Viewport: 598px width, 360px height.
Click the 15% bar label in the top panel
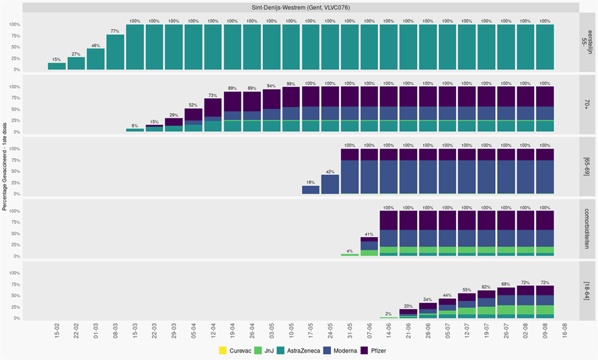[x=57, y=60]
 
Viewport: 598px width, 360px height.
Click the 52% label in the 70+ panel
[x=193, y=105]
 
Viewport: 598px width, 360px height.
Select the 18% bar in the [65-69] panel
[x=310, y=190]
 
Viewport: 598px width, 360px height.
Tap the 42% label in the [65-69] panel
[x=330, y=172]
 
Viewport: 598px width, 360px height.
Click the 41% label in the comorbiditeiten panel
[x=369, y=233]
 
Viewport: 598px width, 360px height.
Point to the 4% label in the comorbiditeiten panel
[x=349, y=250]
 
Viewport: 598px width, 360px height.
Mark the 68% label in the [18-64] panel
[x=505, y=283]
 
